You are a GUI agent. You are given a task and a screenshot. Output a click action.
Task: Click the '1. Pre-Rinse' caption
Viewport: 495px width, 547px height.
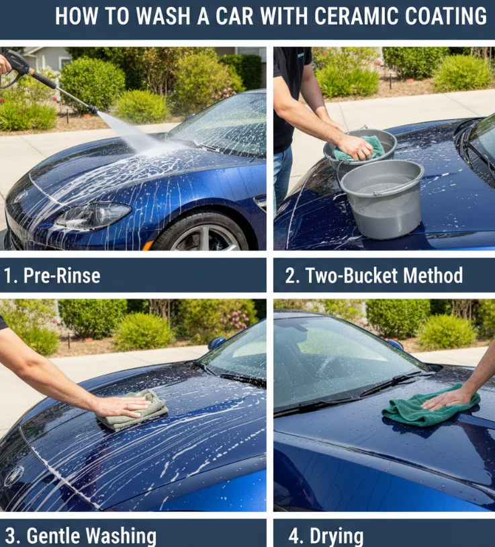(x=52, y=276)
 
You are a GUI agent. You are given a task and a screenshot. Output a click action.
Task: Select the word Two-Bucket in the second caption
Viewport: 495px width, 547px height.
(x=352, y=276)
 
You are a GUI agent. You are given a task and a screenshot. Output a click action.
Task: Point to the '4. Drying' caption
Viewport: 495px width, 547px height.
(x=326, y=536)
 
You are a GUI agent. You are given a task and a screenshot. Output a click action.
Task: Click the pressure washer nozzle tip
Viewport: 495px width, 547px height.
(x=93, y=109)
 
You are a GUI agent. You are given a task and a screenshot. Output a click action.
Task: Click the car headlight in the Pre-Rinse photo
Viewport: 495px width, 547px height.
(x=93, y=215)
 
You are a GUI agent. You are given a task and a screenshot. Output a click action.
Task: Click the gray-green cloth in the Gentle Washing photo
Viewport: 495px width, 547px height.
(x=134, y=410)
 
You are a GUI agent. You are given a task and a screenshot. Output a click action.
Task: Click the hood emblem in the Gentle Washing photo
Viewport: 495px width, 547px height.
(x=13, y=476)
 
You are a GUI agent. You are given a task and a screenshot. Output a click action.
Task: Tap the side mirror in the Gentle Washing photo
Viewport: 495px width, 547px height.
(x=216, y=343)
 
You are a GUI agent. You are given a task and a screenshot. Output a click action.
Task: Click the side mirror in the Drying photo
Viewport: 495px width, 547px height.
(x=394, y=344)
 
